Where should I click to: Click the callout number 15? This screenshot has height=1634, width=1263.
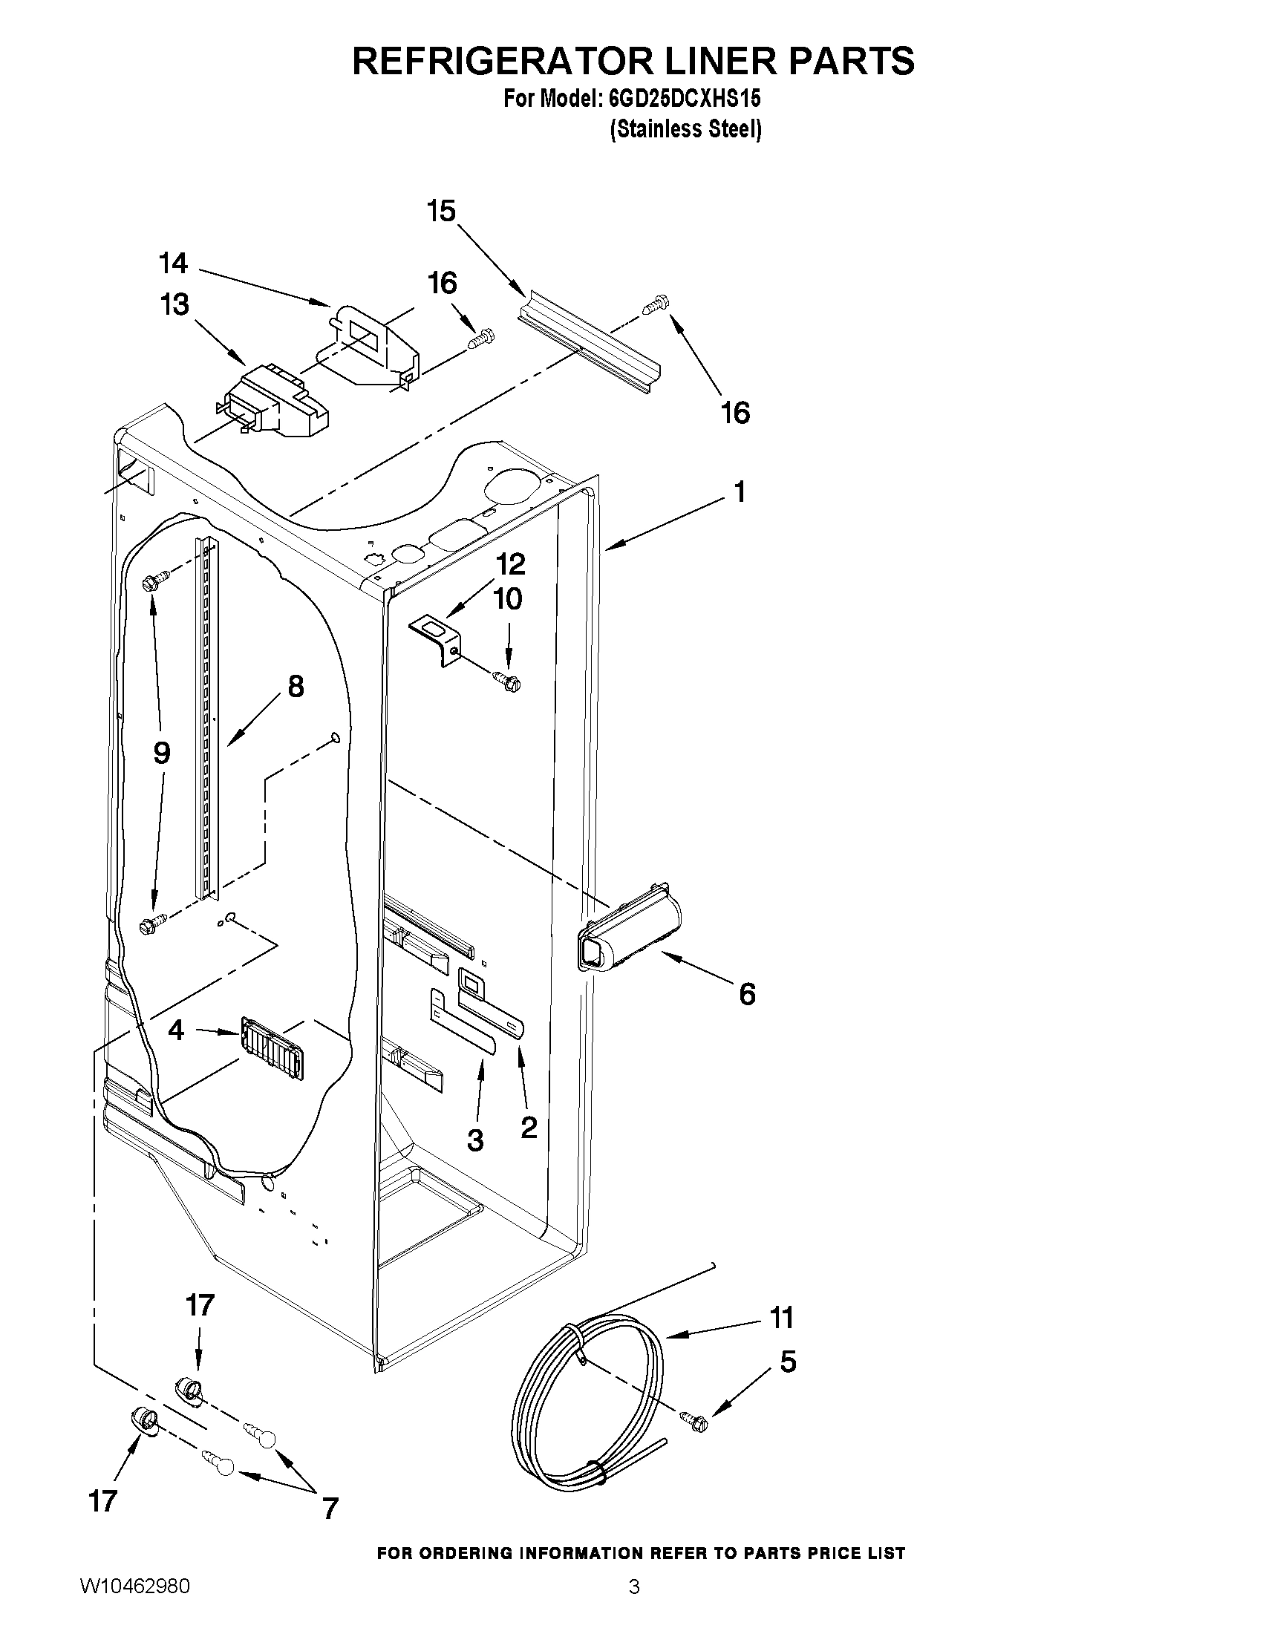coord(442,212)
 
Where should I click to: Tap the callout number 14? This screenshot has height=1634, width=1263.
coord(173,264)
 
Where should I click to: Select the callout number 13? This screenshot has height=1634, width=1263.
coord(174,305)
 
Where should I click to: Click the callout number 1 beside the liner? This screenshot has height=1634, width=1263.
coord(740,492)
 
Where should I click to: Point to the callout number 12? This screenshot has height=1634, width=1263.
coord(510,563)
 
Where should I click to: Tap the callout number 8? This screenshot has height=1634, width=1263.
coord(296,686)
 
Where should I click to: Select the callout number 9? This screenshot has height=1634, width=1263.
coord(162,753)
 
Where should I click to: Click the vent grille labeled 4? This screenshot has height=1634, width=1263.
coord(274,1048)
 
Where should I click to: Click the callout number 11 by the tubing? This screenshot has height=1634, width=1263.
coord(782,1318)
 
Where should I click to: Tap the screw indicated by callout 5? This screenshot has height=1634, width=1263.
coord(694,1420)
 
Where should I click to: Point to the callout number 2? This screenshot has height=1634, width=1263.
coord(529,1128)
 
